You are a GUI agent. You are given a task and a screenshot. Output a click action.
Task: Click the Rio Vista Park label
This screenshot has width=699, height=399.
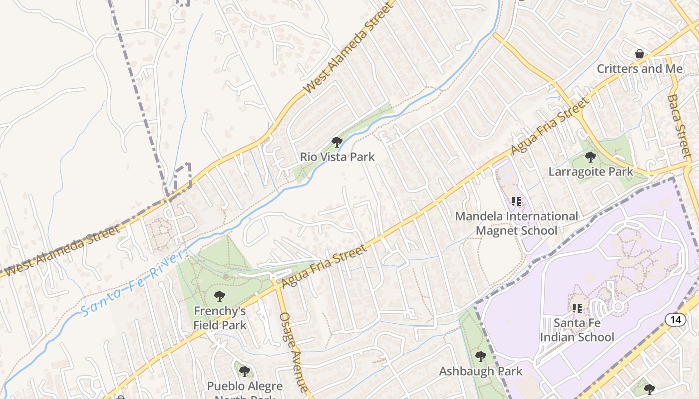337,157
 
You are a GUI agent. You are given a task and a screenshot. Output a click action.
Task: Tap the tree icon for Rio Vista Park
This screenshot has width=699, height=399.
337,142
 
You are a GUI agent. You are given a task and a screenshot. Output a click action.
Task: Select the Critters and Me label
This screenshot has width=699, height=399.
640,68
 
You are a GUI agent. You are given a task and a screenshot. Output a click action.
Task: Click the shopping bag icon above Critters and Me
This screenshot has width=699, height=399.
639,54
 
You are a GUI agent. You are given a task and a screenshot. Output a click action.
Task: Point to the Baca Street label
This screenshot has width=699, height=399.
680,125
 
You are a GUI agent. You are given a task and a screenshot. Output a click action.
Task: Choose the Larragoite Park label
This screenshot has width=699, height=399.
591,172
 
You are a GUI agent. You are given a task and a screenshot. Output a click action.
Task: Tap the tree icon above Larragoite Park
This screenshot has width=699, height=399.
591,157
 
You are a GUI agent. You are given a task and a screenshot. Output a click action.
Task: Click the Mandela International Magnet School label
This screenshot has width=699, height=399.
517,223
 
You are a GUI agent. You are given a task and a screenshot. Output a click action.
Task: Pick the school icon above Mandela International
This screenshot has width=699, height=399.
516,201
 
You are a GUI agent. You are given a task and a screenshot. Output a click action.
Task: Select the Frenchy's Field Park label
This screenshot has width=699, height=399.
220,318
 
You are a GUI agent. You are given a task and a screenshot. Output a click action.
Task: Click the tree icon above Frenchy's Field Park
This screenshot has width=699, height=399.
219,296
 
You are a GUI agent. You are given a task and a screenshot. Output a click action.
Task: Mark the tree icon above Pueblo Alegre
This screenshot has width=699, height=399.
244,371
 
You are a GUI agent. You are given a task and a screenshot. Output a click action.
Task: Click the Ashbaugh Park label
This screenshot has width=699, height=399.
480,371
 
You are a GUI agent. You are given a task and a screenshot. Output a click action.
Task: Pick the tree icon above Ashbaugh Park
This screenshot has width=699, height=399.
480,357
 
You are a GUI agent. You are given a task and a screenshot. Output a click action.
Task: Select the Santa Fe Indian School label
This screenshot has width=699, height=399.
577,330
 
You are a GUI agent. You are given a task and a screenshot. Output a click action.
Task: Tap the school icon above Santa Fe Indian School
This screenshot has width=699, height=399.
577,308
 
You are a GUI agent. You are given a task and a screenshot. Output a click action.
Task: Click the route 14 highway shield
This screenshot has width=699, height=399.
676,320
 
